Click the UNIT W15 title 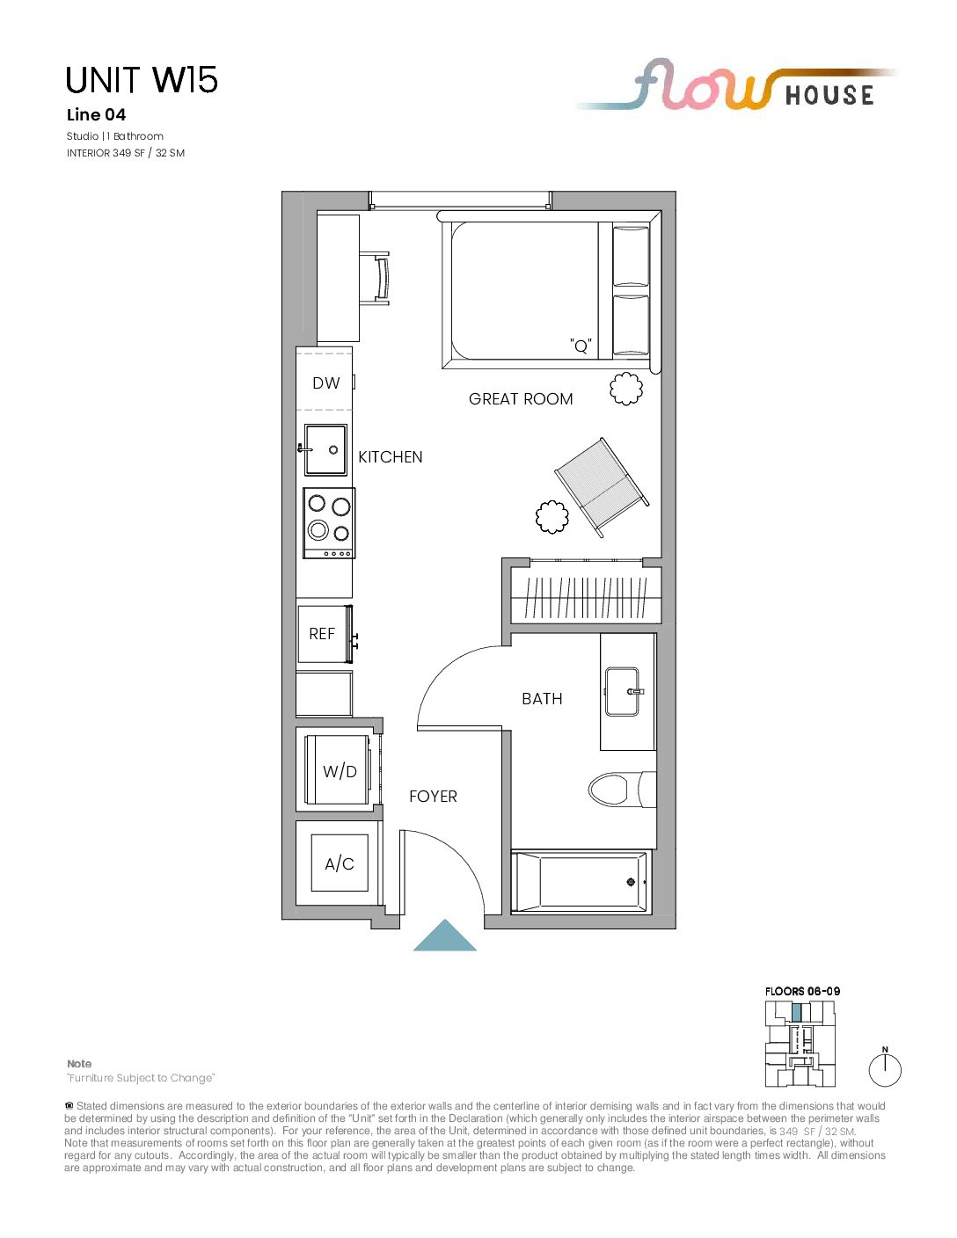(142, 80)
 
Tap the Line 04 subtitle (96, 115)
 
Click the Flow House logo (735, 85)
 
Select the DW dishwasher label (326, 382)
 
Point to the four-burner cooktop (329, 523)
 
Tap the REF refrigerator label (322, 634)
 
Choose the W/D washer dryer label (340, 771)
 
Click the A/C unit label (340, 863)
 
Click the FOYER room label (433, 797)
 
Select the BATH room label (542, 699)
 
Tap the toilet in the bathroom (622, 789)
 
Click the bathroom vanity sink (623, 692)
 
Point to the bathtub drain (631, 883)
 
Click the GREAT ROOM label (521, 399)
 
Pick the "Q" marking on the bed (581, 346)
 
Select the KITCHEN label (391, 457)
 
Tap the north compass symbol (885, 1069)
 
